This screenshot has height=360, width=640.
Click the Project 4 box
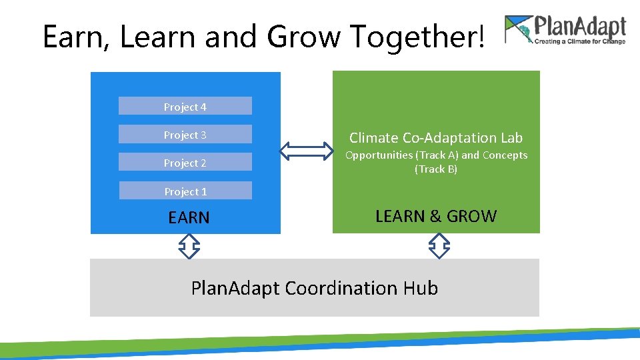pos(185,107)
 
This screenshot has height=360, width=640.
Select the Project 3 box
pos(185,135)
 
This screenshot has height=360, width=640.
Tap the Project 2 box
pos(185,163)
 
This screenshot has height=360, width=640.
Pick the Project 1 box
pos(185,191)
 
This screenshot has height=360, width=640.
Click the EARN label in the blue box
pos(189,218)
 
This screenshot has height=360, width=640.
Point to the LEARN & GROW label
pos(436,216)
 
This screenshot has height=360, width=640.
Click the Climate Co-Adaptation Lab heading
pos(436,138)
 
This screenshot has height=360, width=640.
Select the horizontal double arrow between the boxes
pos(306,151)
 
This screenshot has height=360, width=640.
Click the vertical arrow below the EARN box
pos(189,246)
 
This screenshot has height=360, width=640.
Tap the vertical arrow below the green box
pos(439,246)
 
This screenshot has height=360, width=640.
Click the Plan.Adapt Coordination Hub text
pos(314,288)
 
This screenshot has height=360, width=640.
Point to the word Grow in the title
pos(304,37)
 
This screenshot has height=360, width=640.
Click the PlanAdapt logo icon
pos(519,30)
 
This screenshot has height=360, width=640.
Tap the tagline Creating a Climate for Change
pos(579,41)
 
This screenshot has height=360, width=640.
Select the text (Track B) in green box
pos(436,169)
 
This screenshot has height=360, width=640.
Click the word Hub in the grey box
pos(421,288)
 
